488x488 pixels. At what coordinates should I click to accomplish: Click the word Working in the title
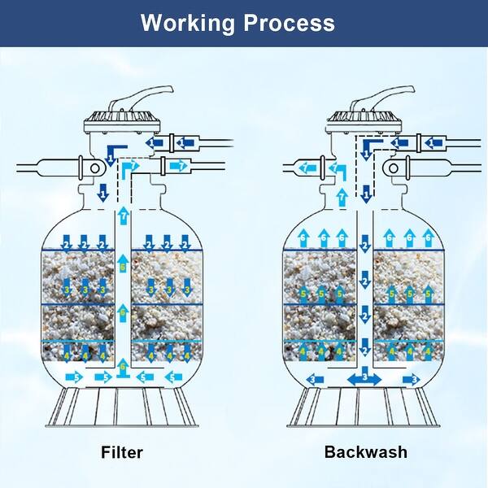point(189,22)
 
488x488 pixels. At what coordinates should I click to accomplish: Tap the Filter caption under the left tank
point(122,451)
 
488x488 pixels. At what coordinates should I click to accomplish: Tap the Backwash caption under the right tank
point(366,451)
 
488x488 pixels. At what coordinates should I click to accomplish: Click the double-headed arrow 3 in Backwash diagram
point(365,378)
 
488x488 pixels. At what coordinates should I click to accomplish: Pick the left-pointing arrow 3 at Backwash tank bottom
point(315,379)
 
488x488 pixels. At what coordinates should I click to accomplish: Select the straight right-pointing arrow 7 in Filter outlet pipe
point(178,167)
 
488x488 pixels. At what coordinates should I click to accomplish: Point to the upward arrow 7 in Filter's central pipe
point(123,216)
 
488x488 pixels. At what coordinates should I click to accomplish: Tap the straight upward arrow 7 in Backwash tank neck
point(342,197)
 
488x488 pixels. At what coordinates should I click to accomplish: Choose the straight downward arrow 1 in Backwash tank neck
point(366,194)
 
